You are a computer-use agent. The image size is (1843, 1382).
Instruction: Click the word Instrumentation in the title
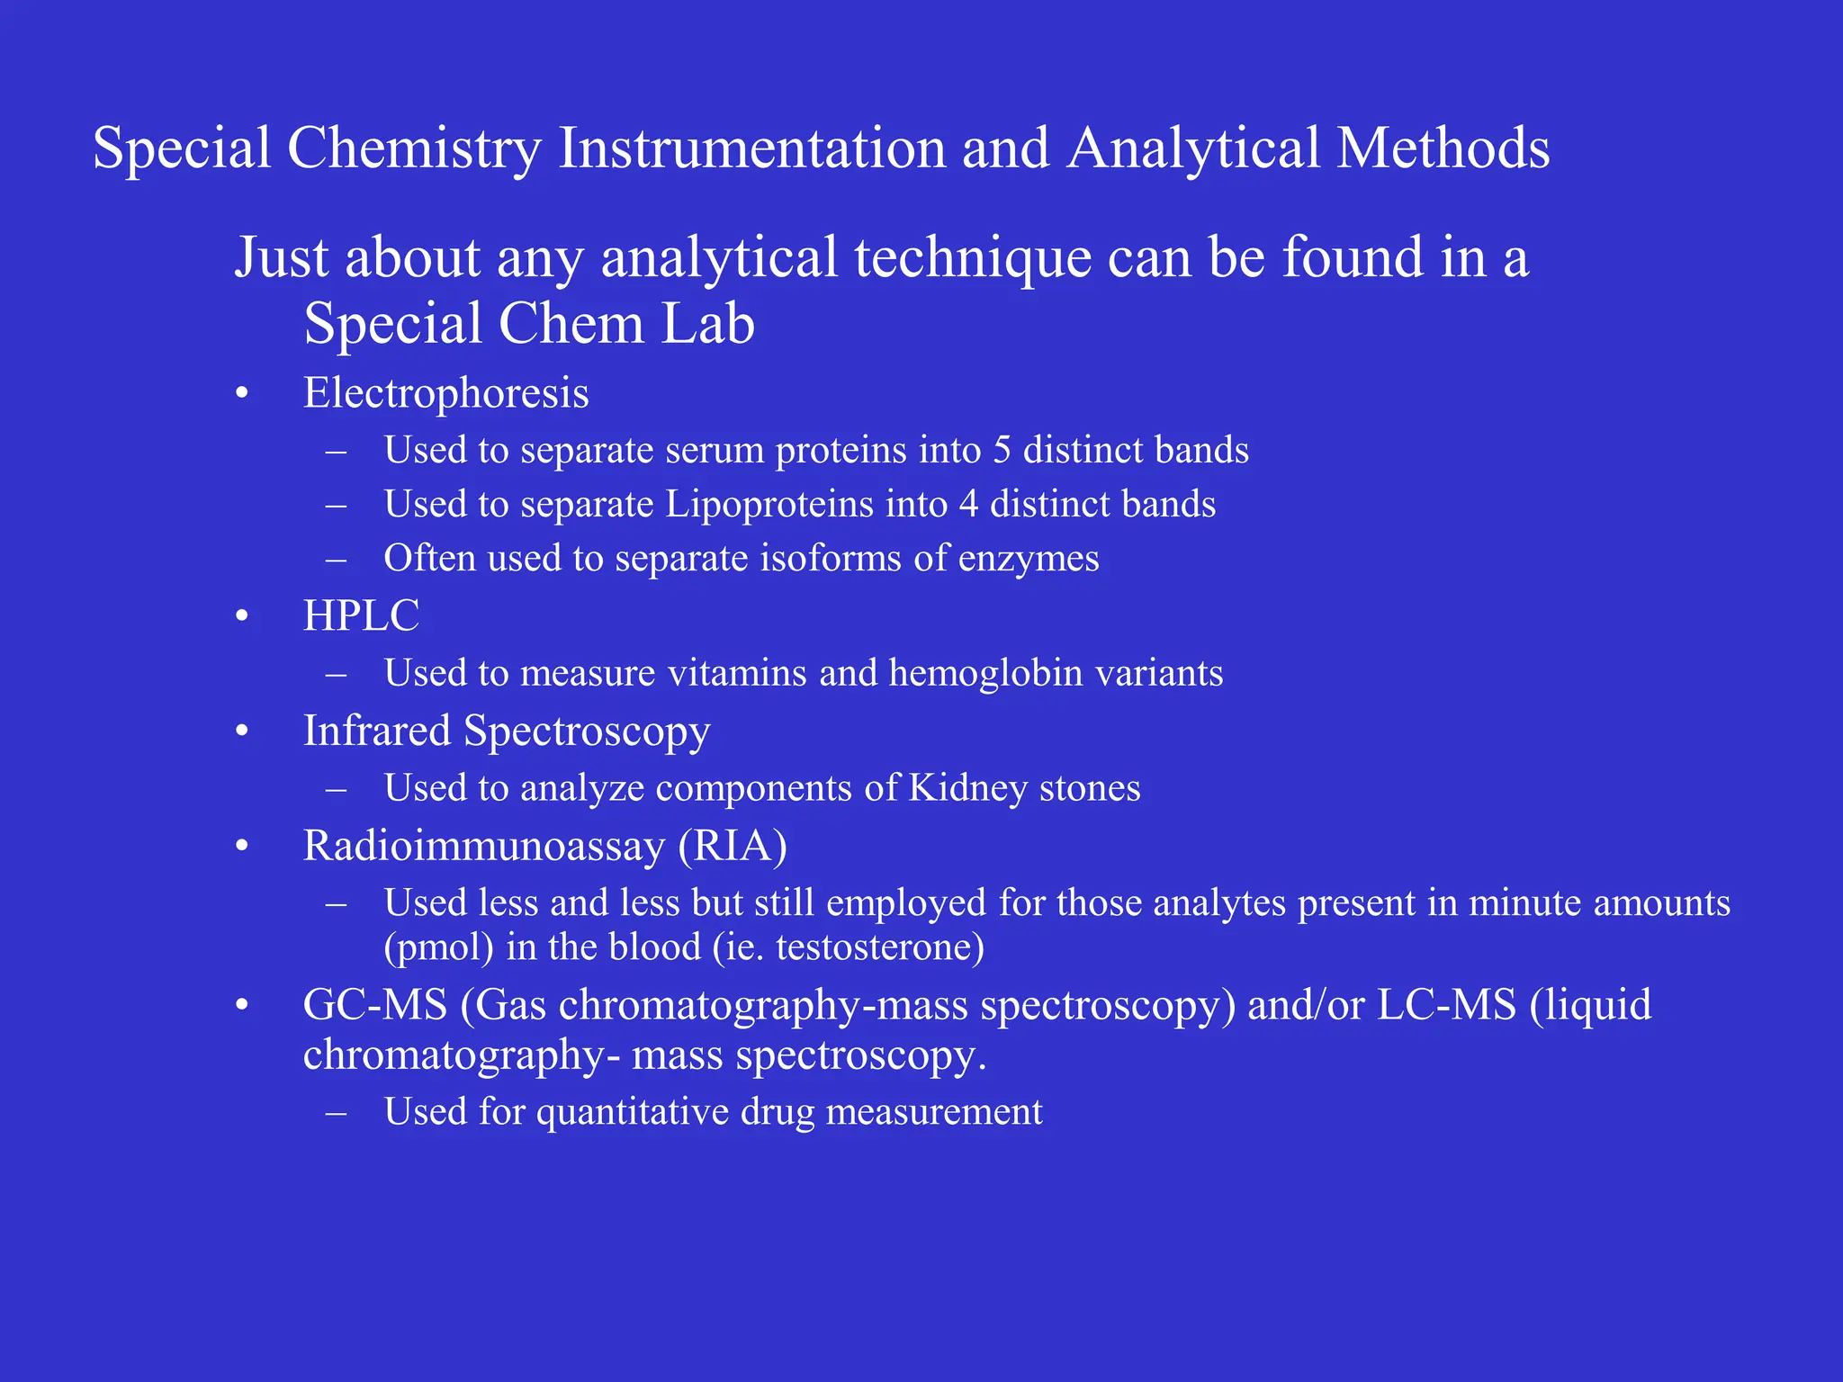[751, 148]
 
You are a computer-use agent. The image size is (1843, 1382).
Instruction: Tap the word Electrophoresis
[445, 394]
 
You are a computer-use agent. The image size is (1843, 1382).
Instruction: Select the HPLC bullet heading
[361, 616]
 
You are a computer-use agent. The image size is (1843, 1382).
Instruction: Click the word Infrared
[376, 731]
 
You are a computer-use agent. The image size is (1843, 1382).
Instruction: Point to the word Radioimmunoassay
[483, 847]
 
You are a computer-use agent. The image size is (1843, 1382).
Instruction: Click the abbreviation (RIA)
[733, 847]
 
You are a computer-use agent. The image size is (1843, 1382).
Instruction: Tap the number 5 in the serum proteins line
[1002, 451]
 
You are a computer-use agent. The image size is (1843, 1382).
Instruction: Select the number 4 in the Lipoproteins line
[968, 505]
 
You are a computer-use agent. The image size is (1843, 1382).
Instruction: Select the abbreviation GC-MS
[375, 1005]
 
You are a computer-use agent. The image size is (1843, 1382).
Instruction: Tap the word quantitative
[633, 1113]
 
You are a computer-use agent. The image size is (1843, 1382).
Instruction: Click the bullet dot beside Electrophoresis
[241, 394]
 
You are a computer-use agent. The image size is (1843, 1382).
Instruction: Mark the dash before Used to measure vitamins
[337, 674]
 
